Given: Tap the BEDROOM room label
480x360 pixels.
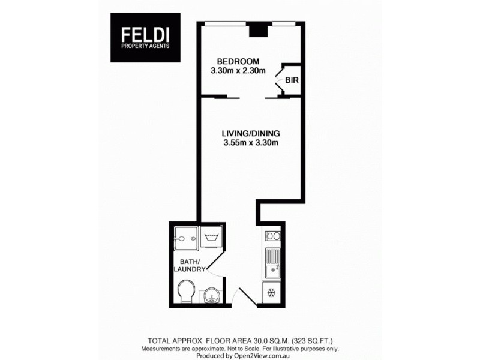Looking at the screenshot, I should (238, 61).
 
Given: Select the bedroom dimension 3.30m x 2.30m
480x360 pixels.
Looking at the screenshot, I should (238, 71).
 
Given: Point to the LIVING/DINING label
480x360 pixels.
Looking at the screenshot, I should (251, 133).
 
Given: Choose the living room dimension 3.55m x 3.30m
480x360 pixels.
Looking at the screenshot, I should (251, 143).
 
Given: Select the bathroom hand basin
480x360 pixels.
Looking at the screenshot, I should (212, 295).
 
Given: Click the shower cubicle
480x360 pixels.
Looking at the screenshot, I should (185, 238).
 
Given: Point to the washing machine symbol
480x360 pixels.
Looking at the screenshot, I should (211, 238).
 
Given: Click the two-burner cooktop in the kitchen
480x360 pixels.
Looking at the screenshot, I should (273, 236).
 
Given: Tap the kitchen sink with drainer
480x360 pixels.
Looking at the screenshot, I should (274, 262).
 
